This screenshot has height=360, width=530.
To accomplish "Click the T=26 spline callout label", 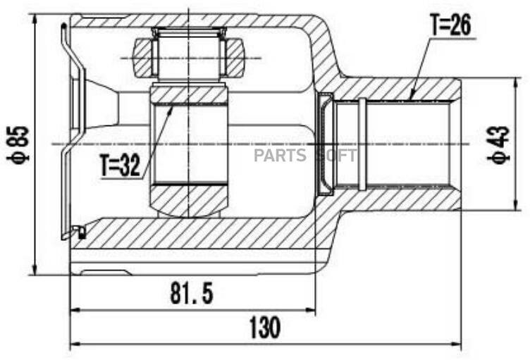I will pos(450,26).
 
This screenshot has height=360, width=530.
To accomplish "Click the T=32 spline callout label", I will pos(120,167).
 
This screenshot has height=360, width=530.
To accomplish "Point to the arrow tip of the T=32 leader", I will pos(171,107).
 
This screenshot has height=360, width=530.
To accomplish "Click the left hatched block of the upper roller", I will pos(143,57).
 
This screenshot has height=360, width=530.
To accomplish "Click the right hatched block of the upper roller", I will pos(235,57).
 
